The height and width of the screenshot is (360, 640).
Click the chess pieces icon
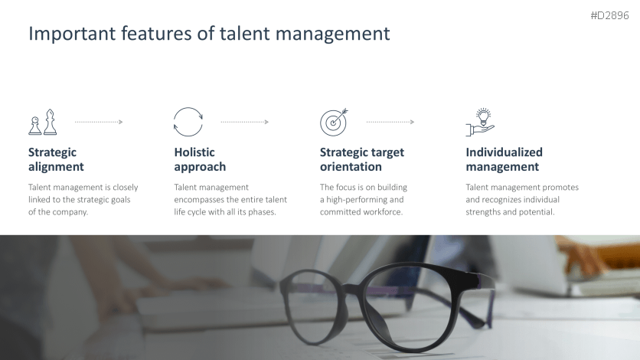43,122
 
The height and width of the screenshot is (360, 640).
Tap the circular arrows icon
188,122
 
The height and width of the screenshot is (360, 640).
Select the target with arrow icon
334,121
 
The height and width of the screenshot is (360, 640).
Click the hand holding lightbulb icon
480,122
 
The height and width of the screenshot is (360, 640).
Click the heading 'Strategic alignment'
56,159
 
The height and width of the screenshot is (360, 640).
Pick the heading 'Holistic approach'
200,159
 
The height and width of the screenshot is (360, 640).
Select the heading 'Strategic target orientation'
361,159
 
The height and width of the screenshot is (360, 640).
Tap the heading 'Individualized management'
504,159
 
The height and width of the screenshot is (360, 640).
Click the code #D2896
609,15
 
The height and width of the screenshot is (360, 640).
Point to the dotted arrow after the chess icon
99,122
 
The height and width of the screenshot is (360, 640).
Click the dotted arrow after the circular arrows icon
244,122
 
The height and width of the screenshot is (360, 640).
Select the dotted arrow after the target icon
390,122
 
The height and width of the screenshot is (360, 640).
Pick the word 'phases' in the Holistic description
260,212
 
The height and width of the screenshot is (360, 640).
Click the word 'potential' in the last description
536,212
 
